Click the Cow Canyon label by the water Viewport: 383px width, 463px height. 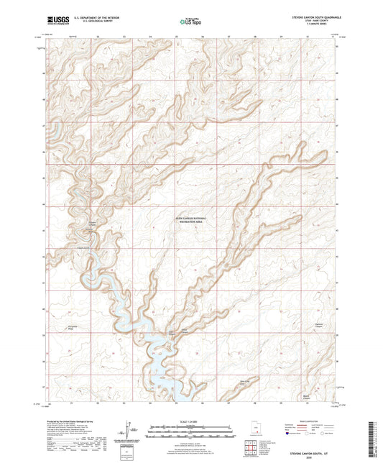(171, 332)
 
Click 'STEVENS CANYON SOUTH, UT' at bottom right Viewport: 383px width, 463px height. (311, 454)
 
